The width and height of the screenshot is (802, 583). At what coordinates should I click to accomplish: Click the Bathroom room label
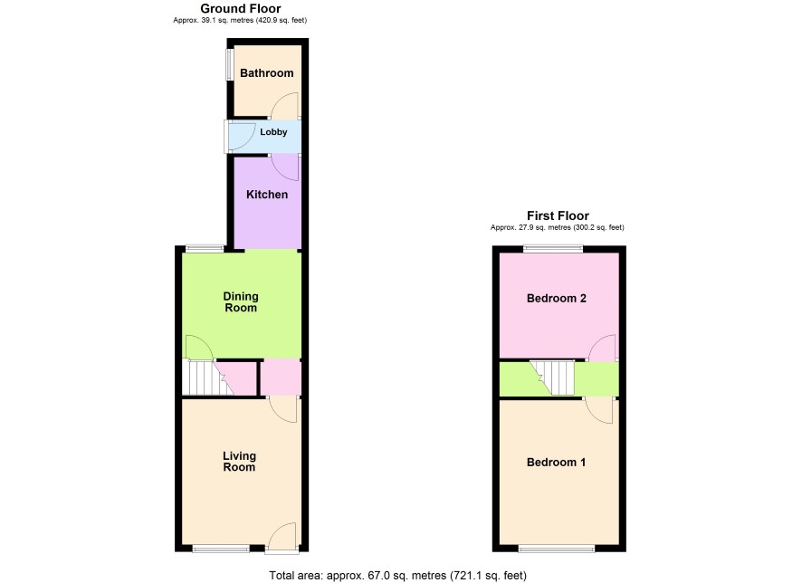point(266,73)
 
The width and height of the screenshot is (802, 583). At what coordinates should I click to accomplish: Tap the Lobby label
point(273,132)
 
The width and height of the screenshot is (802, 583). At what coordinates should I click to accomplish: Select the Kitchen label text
point(267,195)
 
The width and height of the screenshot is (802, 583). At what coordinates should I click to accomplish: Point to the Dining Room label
point(241,301)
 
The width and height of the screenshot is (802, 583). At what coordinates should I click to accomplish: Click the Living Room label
point(239,462)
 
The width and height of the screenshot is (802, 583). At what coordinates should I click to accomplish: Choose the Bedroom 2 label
point(557,298)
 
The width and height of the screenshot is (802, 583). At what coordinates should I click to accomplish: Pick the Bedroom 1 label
point(556,463)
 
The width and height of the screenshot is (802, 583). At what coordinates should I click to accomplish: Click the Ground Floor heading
point(241,9)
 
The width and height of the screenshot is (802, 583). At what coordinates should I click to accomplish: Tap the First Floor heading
point(558,215)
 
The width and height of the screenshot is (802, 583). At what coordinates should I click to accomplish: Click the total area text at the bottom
point(398,576)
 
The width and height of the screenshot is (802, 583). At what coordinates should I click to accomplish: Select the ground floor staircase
point(207,378)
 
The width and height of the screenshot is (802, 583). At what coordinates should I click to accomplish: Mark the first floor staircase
point(552,378)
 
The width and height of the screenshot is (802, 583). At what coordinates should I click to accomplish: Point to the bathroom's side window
point(230,64)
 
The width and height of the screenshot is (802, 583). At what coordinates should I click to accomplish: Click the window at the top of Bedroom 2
point(553,249)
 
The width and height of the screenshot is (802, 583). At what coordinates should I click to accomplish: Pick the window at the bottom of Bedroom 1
point(557,549)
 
